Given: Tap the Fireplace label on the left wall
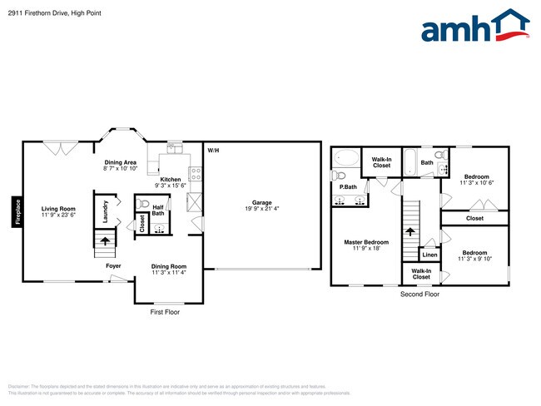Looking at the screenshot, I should coord(16,210).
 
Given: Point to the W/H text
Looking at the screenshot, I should coord(213,150).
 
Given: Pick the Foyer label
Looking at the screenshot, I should coord(113,266).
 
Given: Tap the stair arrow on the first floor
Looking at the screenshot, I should coord(105,240).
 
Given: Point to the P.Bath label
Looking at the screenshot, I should coord(347,187).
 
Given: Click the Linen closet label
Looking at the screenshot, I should coord(429,255).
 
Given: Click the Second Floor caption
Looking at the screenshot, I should coord(419,295).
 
